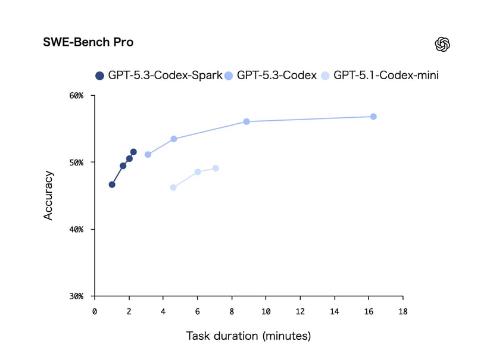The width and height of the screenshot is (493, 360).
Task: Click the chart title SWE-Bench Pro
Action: (x=88, y=42)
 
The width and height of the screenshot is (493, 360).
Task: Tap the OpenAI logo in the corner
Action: (x=442, y=44)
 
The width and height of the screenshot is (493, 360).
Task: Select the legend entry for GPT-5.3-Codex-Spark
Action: (x=159, y=76)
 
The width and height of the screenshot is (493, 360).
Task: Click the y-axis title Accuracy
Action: (x=49, y=196)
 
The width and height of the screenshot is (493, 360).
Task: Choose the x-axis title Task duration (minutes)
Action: (x=248, y=336)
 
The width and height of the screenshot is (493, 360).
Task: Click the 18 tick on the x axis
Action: (x=402, y=311)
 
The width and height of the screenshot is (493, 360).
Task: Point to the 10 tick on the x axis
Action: (x=266, y=311)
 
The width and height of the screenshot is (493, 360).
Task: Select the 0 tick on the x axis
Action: (x=95, y=311)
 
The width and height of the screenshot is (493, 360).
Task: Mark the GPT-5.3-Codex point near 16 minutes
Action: (x=373, y=117)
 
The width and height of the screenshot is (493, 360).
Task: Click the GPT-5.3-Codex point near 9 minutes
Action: (x=246, y=121)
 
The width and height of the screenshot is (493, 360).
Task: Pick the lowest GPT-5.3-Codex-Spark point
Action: (x=112, y=184)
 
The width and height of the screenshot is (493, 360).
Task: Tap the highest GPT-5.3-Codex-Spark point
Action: (x=133, y=152)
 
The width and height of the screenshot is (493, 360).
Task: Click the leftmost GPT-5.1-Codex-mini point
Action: (x=173, y=187)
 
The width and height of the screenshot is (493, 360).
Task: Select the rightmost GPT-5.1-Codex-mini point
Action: (x=216, y=168)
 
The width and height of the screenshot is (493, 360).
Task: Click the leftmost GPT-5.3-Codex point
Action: (x=148, y=155)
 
